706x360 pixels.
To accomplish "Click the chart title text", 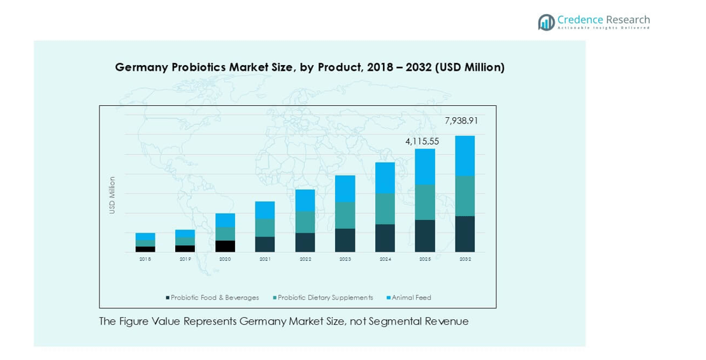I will [310, 68].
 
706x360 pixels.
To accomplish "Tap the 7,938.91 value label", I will [461, 120].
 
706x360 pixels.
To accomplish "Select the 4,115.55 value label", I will [422, 141].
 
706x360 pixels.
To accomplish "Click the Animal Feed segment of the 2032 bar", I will [465, 155].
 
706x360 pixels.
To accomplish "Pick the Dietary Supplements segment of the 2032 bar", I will [465, 196].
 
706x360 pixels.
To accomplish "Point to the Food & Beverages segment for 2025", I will [425, 236].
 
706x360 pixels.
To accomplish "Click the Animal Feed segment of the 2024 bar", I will [385, 178].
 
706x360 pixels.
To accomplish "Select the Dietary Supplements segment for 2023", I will [345, 215].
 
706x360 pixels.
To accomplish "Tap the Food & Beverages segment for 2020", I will [225, 246].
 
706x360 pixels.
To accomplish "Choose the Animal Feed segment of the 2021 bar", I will [265, 210].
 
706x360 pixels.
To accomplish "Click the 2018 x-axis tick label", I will [145, 259].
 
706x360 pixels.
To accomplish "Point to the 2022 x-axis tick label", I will [305, 259].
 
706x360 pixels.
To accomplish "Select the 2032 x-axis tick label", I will [465, 259].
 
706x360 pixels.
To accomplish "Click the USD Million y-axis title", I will [112, 195].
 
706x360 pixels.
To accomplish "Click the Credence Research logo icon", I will [546, 22].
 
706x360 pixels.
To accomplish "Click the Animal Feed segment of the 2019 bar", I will [185, 233].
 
